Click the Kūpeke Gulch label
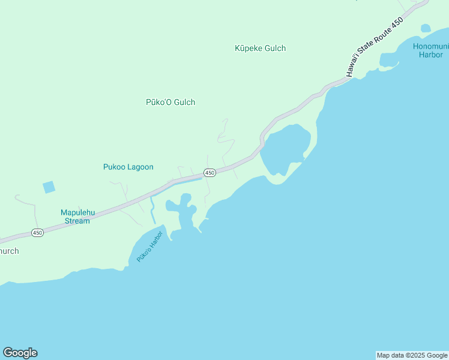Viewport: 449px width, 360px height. click(x=260, y=49)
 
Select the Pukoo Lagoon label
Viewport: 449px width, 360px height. click(x=128, y=167)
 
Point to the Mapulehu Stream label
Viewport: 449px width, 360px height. click(x=75, y=216)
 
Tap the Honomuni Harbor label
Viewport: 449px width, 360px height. click(x=430, y=50)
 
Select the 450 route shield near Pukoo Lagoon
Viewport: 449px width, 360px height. click(x=209, y=173)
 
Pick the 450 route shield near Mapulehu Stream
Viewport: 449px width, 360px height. click(x=37, y=233)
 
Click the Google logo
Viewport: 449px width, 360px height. click(x=20, y=353)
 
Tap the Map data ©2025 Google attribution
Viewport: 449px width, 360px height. click(x=412, y=355)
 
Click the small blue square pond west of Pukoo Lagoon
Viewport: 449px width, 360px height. click(x=49, y=187)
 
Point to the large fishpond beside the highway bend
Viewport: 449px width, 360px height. click(x=286, y=148)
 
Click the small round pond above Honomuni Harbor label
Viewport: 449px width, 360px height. click(x=426, y=28)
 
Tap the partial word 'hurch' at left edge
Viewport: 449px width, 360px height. click(x=9, y=251)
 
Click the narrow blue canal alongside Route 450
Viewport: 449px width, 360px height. click(x=186, y=181)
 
